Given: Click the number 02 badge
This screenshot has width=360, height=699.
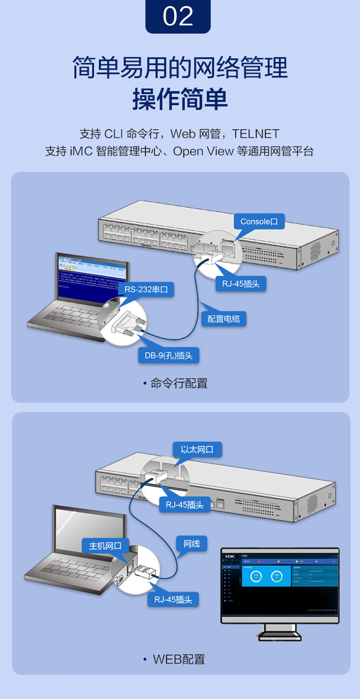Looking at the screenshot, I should [x=178, y=16].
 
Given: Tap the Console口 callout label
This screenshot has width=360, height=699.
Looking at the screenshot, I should [x=259, y=221].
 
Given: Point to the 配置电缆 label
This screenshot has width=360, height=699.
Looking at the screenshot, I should [x=223, y=318].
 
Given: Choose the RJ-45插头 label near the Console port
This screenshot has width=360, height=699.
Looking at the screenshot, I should [x=240, y=283].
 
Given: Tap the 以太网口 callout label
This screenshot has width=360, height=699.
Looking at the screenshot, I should [x=197, y=450].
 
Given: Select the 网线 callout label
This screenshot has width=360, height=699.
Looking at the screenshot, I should [x=192, y=543].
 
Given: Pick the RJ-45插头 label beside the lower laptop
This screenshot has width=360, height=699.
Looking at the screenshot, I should [x=173, y=599].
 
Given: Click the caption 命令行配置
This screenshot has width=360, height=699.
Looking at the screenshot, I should [x=179, y=383].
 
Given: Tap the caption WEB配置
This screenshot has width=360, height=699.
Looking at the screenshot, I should [x=179, y=659].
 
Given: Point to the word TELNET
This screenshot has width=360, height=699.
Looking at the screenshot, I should [x=256, y=133].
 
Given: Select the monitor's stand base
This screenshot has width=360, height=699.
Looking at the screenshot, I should [x=279, y=637].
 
